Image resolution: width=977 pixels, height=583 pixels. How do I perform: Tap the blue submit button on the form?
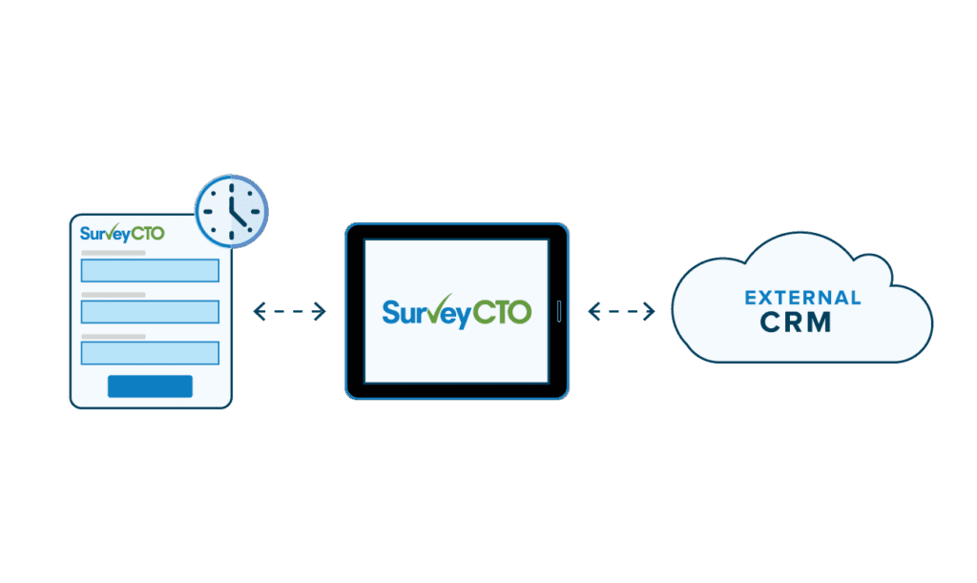pos(150,386)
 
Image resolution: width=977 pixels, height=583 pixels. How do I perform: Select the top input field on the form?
pos(150,270)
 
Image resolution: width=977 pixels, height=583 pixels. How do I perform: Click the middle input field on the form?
pos(150,312)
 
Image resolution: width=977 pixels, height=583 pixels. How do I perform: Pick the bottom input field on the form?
pos(150,353)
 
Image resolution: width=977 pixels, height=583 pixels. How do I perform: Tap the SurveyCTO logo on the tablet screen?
pos(456,312)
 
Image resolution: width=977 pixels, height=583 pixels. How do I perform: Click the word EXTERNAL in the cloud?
pos(802,298)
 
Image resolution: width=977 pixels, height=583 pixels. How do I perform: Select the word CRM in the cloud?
pos(797,323)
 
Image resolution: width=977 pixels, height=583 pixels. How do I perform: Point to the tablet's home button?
pos(560,311)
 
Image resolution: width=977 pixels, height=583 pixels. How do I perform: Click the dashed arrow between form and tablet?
pos(290,311)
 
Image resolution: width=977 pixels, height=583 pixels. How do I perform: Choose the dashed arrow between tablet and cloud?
pos(621,311)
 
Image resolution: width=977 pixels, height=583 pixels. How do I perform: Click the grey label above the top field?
pos(114,253)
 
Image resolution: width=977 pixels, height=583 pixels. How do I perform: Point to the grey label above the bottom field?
pos(114,337)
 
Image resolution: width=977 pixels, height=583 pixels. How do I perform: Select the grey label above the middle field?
pos(114,295)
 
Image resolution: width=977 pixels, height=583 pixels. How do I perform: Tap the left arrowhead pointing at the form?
pos(258,311)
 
